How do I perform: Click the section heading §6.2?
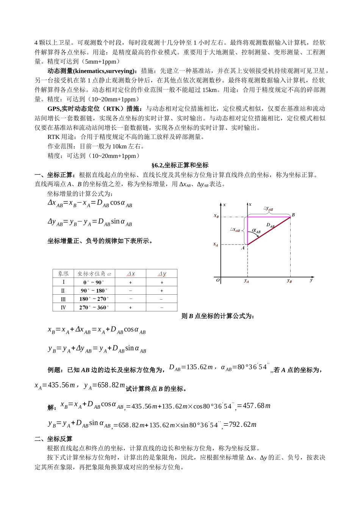point(180,165)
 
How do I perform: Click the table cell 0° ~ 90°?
point(93,282)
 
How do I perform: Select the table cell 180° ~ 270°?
point(93,299)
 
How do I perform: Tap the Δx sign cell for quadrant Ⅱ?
point(130,290)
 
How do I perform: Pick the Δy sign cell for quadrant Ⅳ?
point(161,307)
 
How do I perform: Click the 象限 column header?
point(63,273)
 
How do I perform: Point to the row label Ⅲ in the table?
point(63,299)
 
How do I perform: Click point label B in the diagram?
point(293,215)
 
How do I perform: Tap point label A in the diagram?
point(243,248)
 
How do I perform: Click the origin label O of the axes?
point(218,281)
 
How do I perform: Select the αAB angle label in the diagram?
point(257,231)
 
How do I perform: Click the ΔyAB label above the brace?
point(268,208)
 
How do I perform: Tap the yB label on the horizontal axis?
point(290,281)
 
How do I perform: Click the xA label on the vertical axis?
point(216,245)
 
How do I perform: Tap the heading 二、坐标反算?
point(53,439)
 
